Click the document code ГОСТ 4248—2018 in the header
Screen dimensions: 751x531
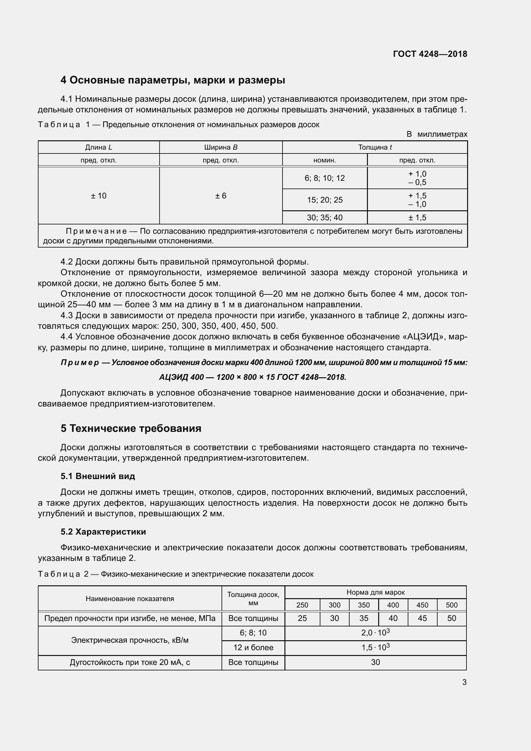tap(430, 54)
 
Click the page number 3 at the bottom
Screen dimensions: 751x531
tap(464, 682)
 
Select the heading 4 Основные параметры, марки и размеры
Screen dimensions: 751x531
tap(173, 80)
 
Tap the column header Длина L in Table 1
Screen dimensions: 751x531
tap(99, 147)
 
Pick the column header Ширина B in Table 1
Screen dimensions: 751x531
tap(221, 147)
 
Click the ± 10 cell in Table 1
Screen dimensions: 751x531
tap(99, 196)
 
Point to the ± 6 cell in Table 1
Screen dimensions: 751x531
tap(221, 196)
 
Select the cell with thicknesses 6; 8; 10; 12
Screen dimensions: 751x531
tap(325, 178)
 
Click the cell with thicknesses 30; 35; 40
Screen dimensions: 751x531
tap(325, 217)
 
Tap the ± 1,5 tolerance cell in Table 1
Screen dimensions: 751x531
tap(417, 217)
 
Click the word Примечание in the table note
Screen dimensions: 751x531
tap(96, 231)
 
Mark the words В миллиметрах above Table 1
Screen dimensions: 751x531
tap(437, 134)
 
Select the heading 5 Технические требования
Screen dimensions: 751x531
tap(131, 429)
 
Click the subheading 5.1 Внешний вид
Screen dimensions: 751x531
tap(98, 476)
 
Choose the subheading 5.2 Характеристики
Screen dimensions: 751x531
tap(103, 532)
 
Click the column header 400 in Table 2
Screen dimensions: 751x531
tap(393, 605)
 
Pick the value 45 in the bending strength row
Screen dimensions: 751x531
tap(422, 618)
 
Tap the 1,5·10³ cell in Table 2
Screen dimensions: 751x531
tap(375, 647)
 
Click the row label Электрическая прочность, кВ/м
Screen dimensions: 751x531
tap(130, 640)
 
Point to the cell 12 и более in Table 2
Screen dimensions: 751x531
tap(253, 647)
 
